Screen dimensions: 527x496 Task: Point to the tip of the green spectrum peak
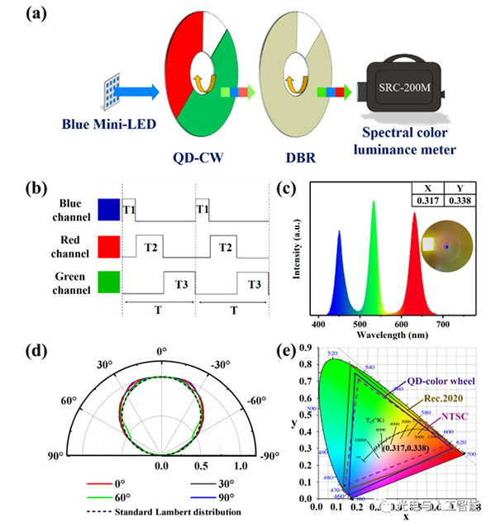[x=374, y=201]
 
